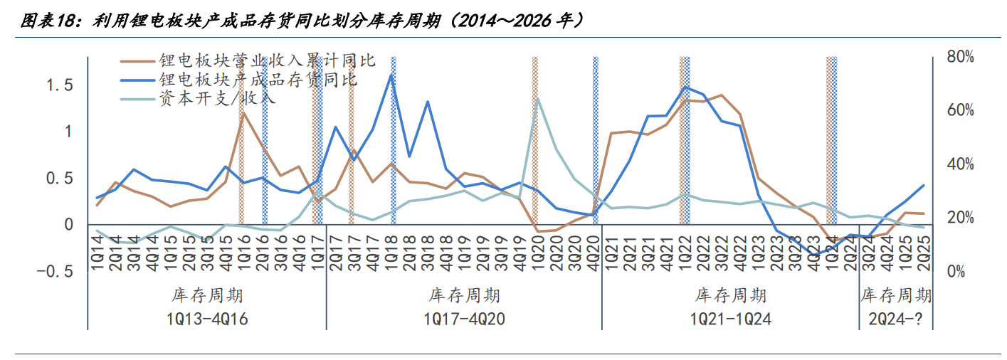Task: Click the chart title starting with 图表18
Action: pos(302,21)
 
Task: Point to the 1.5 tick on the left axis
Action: pos(60,85)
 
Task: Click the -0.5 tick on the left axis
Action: pos(55,272)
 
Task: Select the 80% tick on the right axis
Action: pos(960,57)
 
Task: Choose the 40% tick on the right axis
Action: pos(960,164)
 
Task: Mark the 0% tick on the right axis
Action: pos(956,272)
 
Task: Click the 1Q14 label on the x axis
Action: pos(97,253)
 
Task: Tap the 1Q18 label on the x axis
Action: pos(391,253)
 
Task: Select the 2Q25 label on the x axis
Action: pos(924,253)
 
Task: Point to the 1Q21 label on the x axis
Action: pos(611,253)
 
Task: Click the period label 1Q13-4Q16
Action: pos(207,319)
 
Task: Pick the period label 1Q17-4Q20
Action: pos(465,319)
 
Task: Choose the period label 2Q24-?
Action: pos(895,319)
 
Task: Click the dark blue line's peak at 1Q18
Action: pos(391,75)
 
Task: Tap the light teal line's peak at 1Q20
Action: pos(538,98)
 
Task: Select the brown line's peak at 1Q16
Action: pos(243,112)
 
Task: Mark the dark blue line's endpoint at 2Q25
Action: pos(924,185)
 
